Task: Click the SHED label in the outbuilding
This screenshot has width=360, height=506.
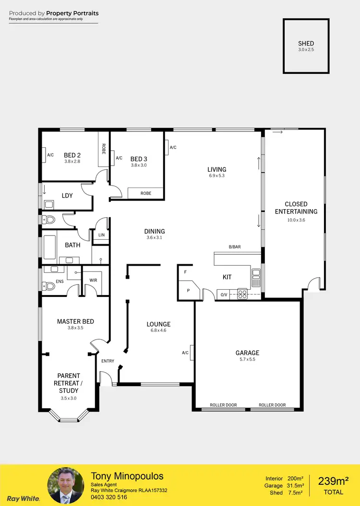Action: coord(306,44)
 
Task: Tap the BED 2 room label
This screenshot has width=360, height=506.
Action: coord(72,155)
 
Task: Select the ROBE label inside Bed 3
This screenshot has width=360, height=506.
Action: coord(146,193)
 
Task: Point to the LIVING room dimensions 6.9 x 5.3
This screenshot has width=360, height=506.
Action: coord(216,176)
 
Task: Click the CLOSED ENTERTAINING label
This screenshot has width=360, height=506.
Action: coord(296,208)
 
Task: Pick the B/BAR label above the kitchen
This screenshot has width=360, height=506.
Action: coord(235,247)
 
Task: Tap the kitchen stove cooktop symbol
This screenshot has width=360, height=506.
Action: coord(242,294)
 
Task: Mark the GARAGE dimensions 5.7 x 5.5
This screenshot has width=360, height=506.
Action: coord(247,360)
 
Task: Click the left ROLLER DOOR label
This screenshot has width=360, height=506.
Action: coord(223,405)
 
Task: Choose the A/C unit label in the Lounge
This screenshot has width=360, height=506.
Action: coord(185,353)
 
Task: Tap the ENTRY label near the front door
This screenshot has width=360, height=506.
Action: coord(108,361)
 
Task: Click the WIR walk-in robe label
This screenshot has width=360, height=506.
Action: coord(93,281)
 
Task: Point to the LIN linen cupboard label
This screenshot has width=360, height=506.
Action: coord(101,235)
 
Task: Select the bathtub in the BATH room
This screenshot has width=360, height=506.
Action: coord(49,245)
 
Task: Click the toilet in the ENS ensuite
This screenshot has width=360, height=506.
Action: coord(48,286)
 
